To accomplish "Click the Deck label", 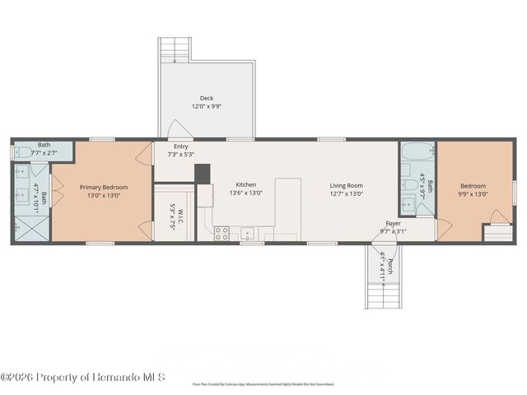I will point(207,98).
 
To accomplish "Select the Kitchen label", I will point(246,184).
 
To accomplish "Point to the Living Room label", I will point(347,185).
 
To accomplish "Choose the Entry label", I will point(180,146).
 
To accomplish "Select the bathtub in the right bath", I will point(417,152).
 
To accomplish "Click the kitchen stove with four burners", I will point(222,233).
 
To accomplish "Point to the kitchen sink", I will point(248,233).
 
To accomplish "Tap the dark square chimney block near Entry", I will point(202,174).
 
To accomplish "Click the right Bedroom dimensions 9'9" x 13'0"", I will point(473,194).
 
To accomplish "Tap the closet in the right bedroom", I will point(497,233).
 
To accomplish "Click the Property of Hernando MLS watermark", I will point(83,378).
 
